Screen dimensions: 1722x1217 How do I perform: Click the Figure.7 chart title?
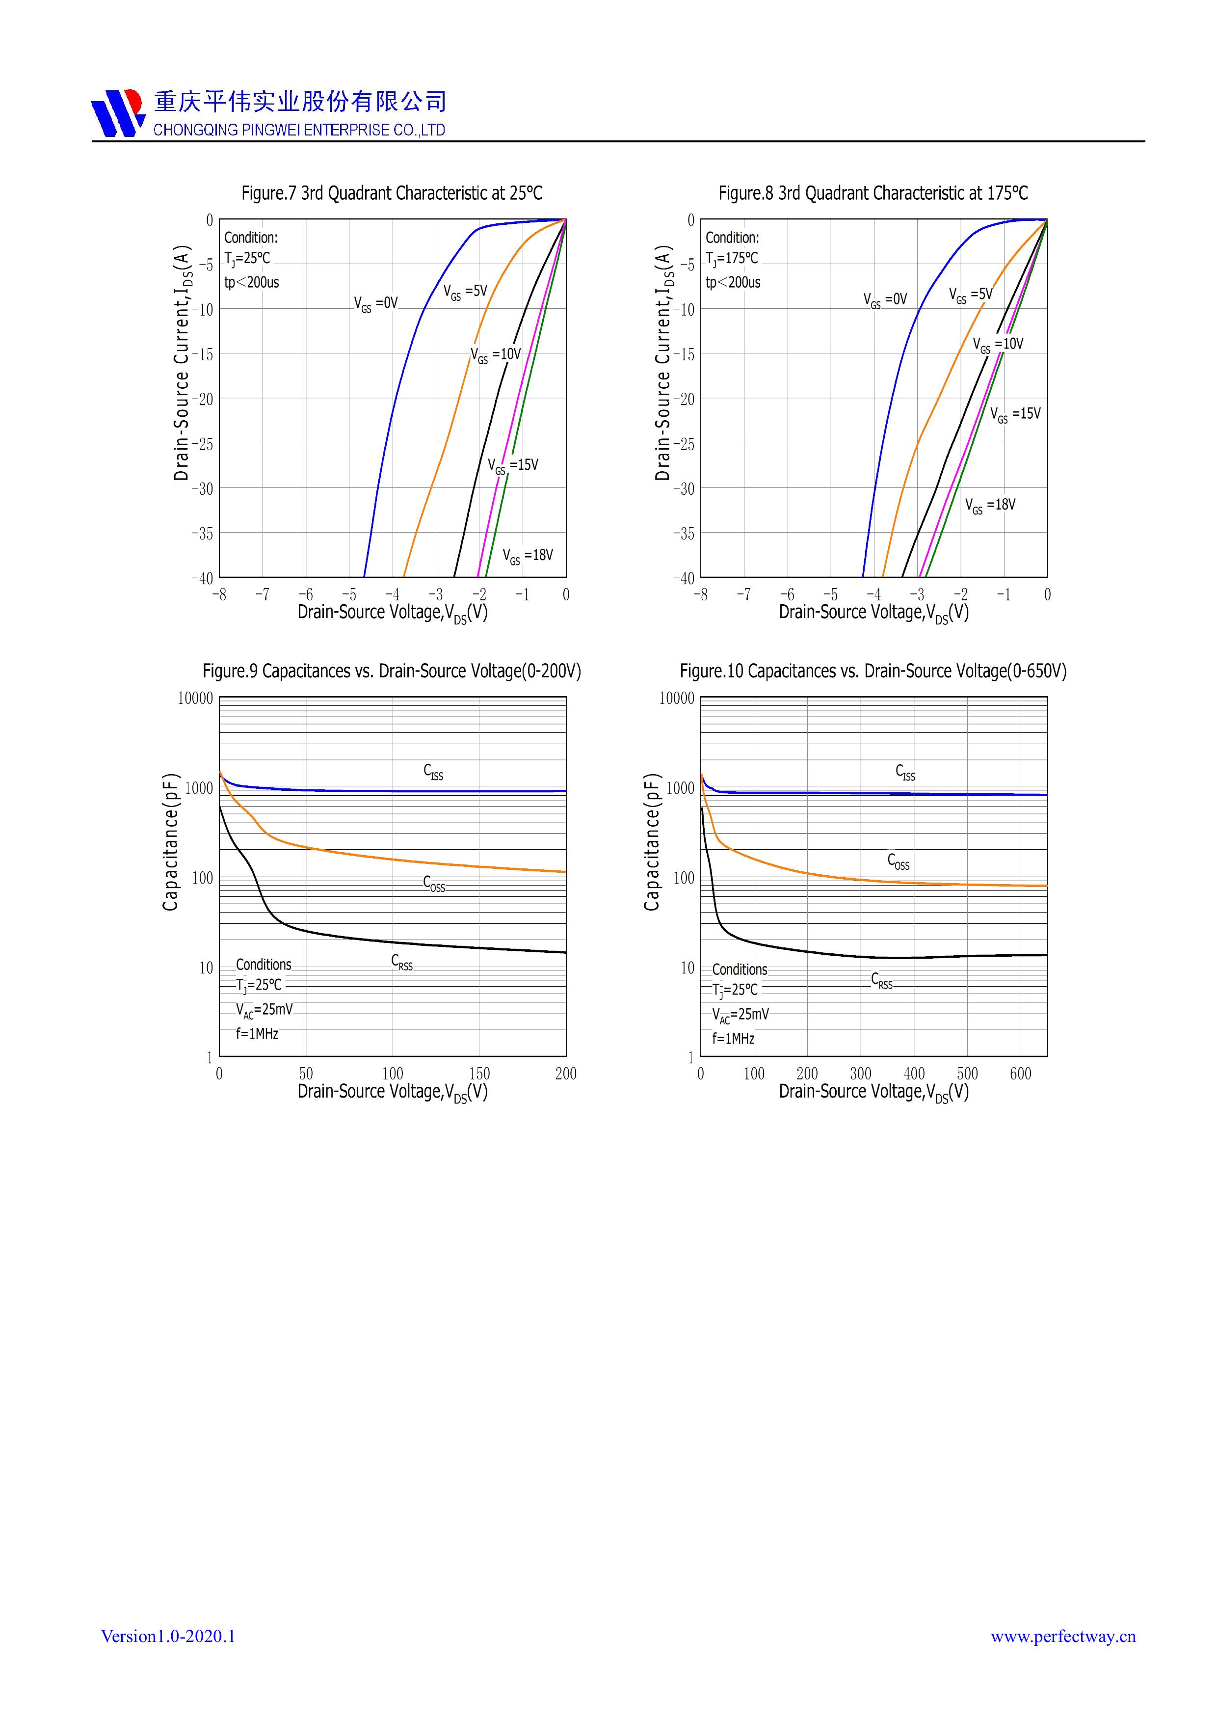tap(392, 193)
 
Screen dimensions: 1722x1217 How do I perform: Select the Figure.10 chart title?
tap(873, 671)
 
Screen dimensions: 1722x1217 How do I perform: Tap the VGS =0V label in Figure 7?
tap(376, 304)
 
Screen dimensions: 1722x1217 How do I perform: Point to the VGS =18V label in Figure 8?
tap(990, 506)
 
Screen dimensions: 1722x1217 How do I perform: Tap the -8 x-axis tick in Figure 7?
tap(218, 595)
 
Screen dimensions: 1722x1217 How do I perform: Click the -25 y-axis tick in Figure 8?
tap(683, 444)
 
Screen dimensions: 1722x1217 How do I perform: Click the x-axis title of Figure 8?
tap(873, 613)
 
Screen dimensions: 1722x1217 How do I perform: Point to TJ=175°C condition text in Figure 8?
tap(732, 259)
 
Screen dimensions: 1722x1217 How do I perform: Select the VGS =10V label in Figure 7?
tap(496, 354)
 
